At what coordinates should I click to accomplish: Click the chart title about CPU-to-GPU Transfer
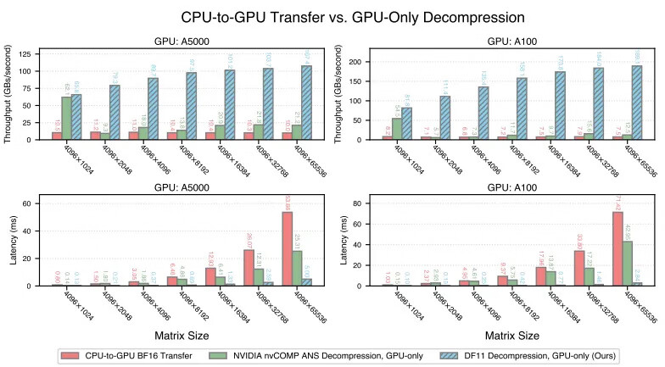[x=332, y=16]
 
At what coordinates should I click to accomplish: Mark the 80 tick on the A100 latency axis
[x=368, y=203]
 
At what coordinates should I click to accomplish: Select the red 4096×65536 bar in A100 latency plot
[x=617, y=248]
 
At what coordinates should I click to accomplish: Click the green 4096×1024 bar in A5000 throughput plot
[x=66, y=118]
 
